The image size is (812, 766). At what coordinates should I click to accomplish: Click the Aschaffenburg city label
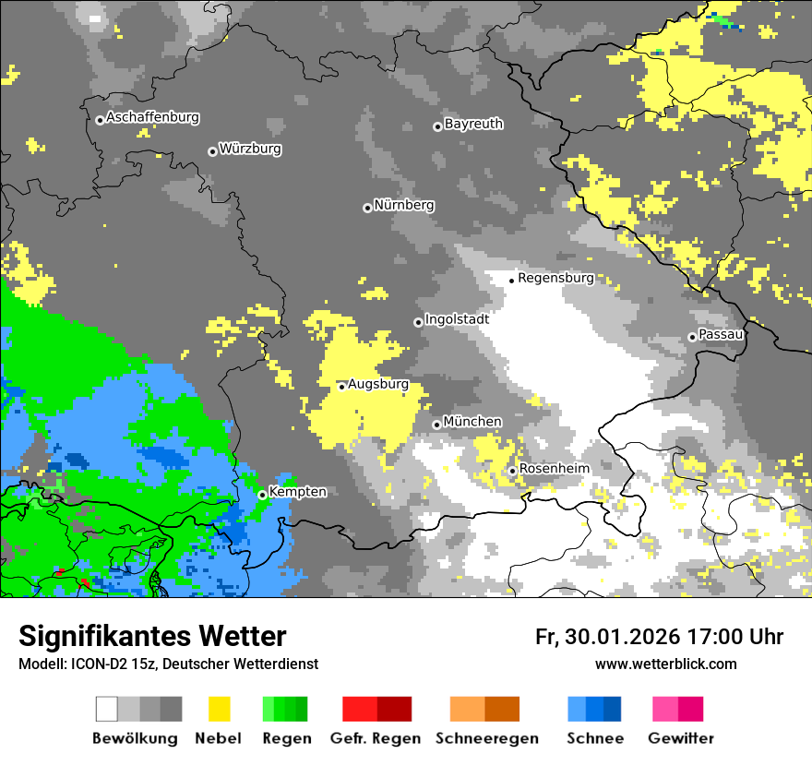[152, 118]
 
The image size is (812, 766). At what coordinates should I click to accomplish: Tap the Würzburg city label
[250, 150]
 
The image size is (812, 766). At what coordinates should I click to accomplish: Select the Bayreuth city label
[473, 124]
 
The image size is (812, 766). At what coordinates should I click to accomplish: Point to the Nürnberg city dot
[367, 208]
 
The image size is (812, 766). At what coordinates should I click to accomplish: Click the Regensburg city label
[555, 278]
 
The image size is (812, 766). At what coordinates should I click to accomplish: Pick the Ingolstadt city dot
[418, 322]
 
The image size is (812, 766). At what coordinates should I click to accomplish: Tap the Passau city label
[721, 334]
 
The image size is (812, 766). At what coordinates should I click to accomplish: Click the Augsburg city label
[377, 385]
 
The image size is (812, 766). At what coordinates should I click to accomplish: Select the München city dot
[436, 425]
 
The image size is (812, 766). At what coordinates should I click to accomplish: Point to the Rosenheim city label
[554, 469]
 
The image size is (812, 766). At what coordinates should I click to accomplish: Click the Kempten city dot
[262, 495]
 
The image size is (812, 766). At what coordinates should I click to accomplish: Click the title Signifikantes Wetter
[152, 636]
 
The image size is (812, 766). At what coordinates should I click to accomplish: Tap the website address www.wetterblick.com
[665, 664]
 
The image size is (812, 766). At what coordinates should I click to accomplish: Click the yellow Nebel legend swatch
[219, 709]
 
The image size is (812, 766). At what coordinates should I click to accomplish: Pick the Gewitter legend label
[680, 738]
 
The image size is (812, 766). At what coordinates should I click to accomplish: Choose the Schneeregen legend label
[487, 738]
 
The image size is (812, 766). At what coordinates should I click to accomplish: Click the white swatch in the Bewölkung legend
[107, 709]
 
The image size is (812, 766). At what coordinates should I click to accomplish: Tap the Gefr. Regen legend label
[375, 738]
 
